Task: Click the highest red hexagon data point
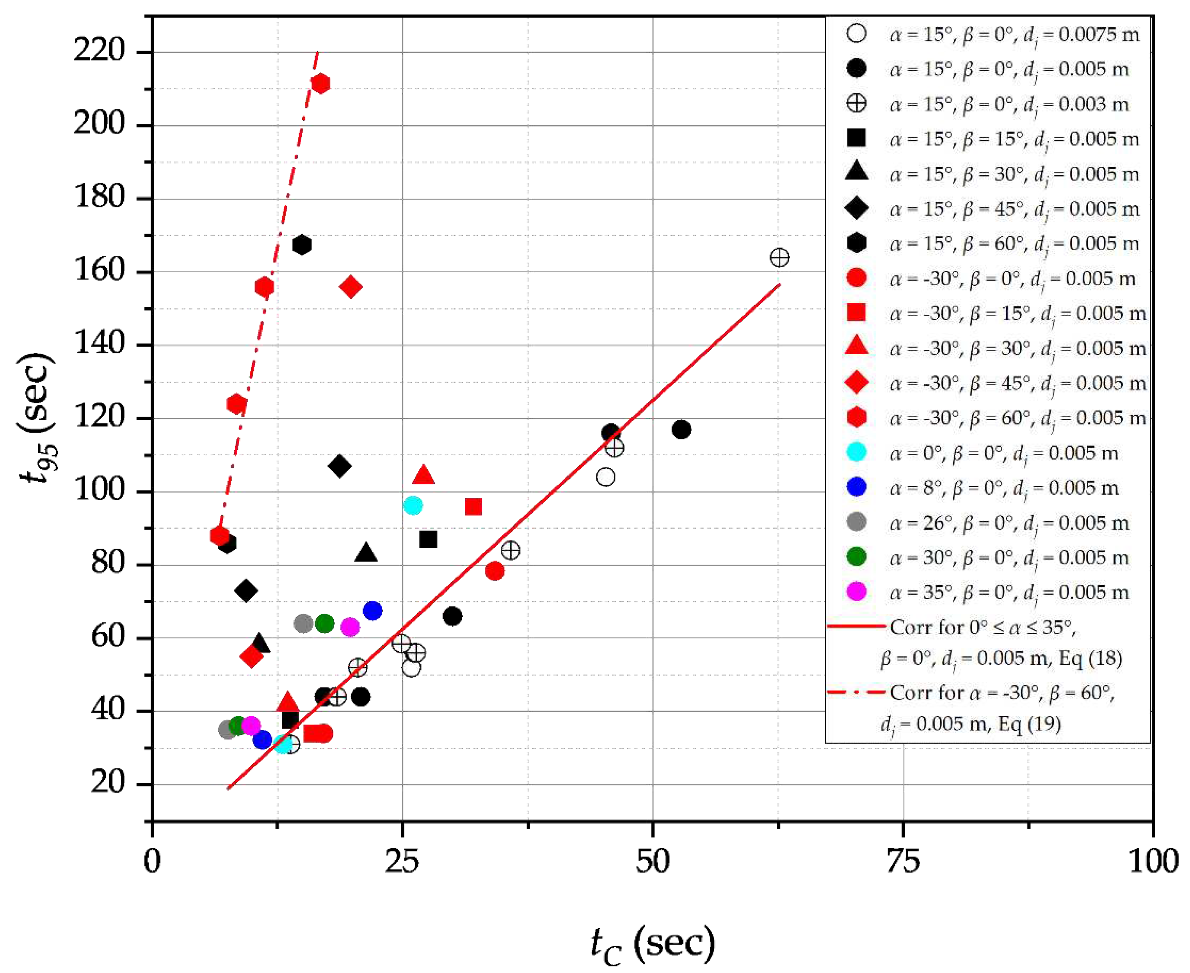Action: [320, 84]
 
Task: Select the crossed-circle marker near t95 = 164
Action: [779, 258]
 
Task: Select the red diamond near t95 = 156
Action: [351, 287]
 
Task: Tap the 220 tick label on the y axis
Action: [99, 52]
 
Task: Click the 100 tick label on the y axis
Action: [99, 491]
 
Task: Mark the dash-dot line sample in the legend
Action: [856, 692]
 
